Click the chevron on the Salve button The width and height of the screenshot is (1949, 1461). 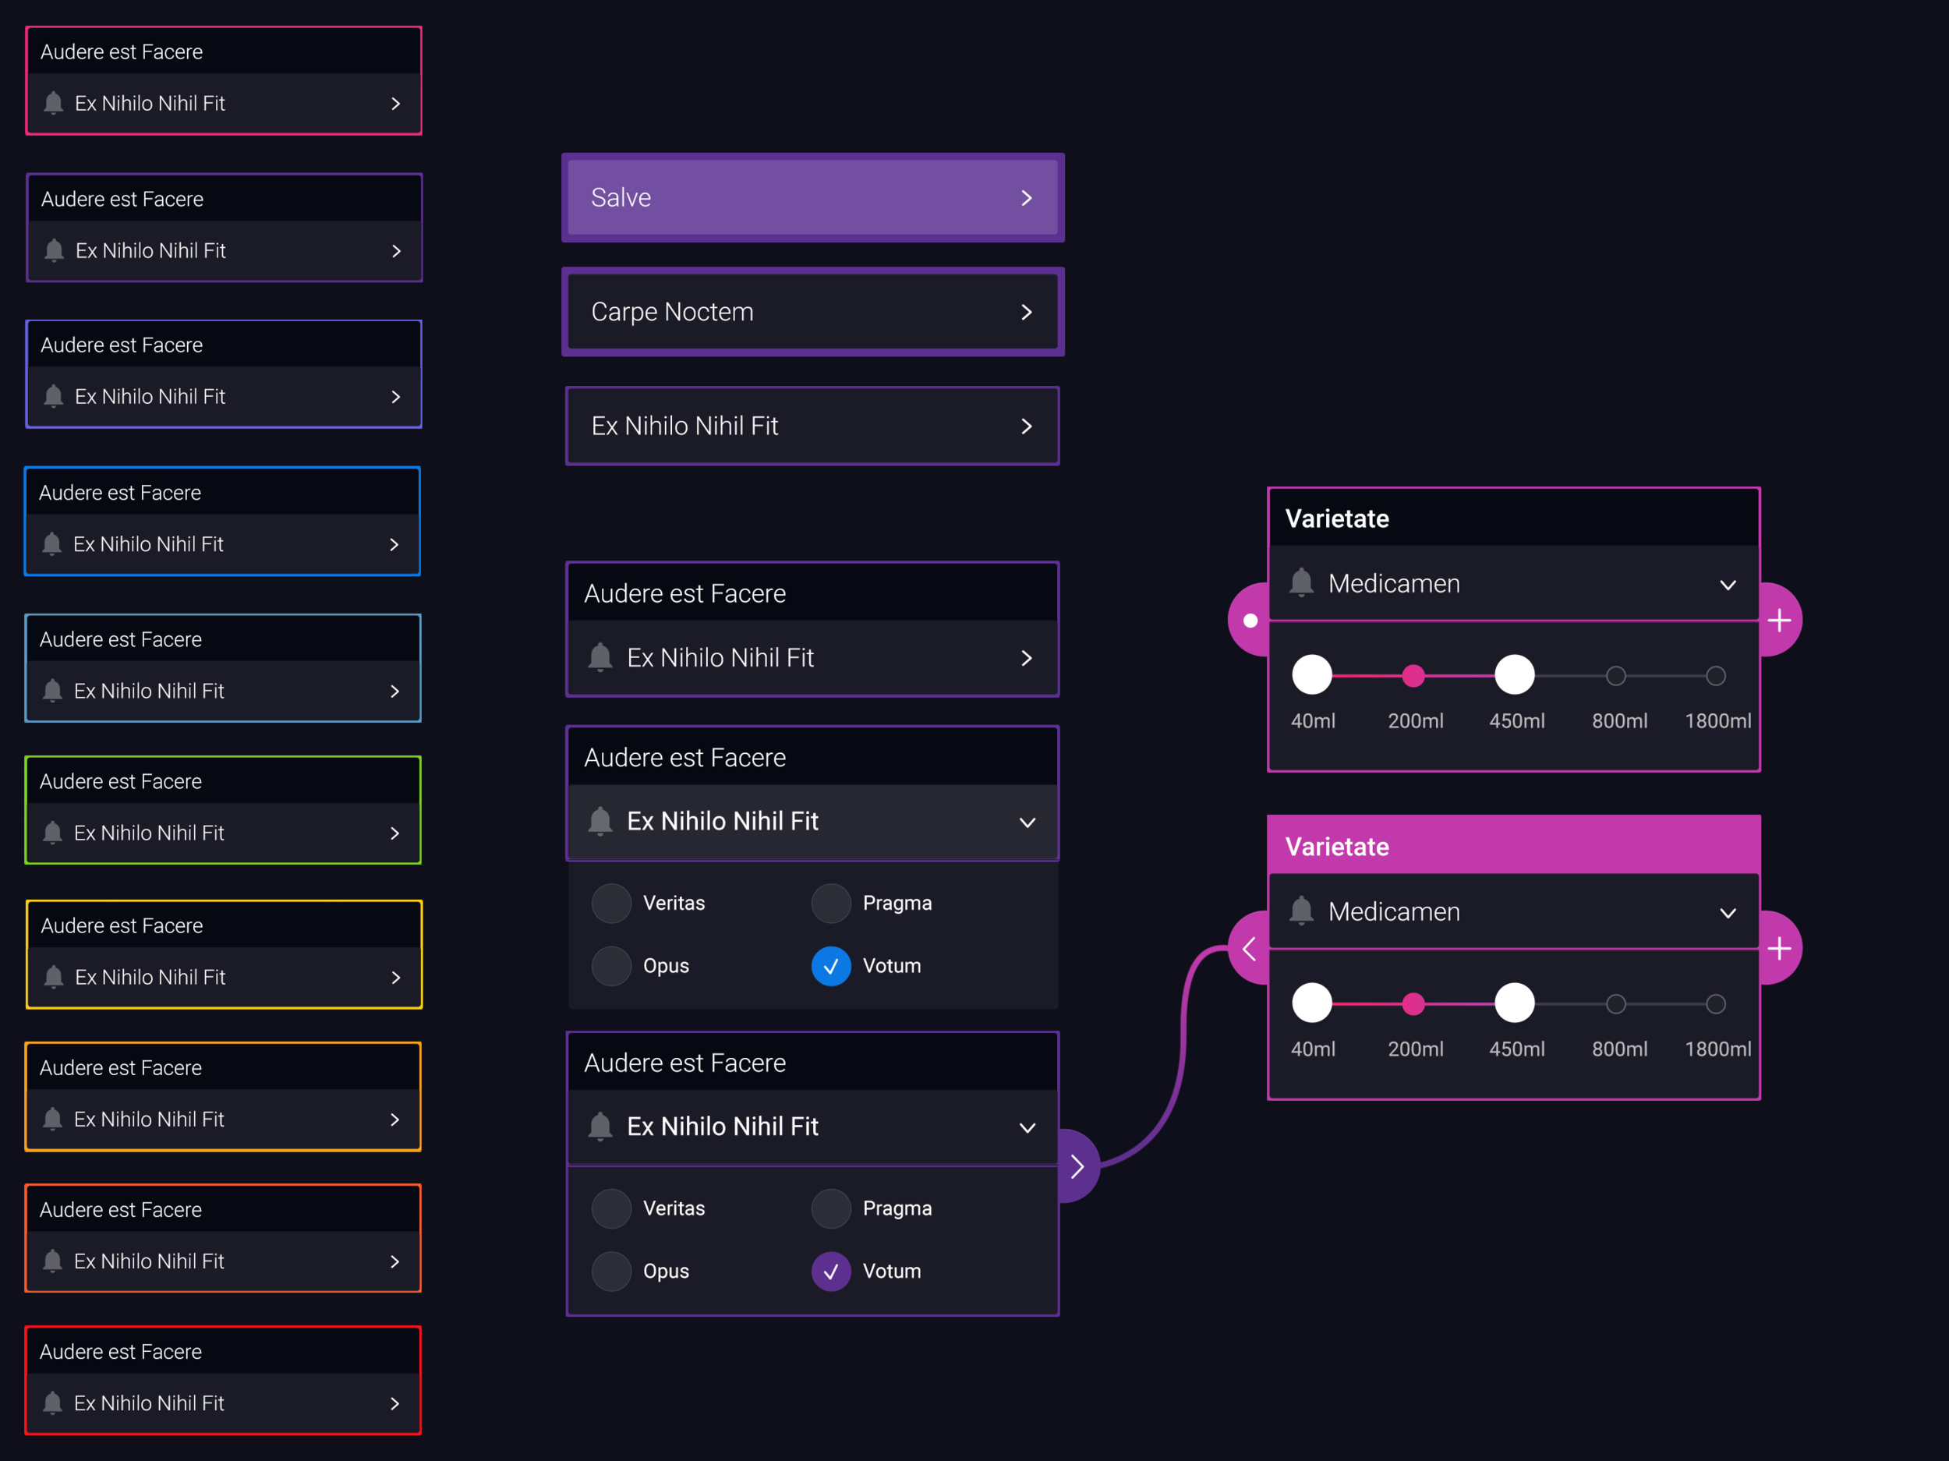pyautogui.click(x=1027, y=198)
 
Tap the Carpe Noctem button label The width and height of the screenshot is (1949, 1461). pyautogui.click(x=671, y=312)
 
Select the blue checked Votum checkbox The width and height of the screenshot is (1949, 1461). pyautogui.click(x=830, y=966)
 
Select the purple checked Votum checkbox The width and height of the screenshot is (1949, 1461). pyautogui.click(x=830, y=1271)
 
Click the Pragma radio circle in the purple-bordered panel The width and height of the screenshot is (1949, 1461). pyautogui.click(x=830, y=1208)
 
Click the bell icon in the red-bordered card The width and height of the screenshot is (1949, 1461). pyautogui.click(x=53, y=1402)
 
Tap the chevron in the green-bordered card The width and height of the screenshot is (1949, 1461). pyautogui.click(x=394, y=833)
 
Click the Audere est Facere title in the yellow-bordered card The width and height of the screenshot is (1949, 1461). pyautogui.click(x=122, y=925)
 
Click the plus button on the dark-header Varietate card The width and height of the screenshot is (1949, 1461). pyautogui.click(x=1779, y=621)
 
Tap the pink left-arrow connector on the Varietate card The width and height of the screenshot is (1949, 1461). pyautogui.click(x=1248, y=949)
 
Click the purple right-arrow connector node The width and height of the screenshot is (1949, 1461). pyautogui.click(x=1077, y=1166)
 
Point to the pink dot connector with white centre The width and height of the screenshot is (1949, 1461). pyautogui.click(x=1250, y=621)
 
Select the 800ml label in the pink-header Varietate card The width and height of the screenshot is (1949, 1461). pyautogui.click(x=1618, y=1049)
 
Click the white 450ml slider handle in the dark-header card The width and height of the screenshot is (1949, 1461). pyautogui.click(x=1514, y=675)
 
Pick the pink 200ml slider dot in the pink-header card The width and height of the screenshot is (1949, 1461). pyautogui.click(x=1413, y=1003)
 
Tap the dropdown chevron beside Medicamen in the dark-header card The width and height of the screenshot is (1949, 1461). pyautogui.click(x=1727, y=584)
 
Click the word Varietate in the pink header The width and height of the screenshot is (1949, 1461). pyautogui.click(x=1337, y=847)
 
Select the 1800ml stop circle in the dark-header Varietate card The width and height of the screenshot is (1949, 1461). pyautogui.click(x=1714, y=676)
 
